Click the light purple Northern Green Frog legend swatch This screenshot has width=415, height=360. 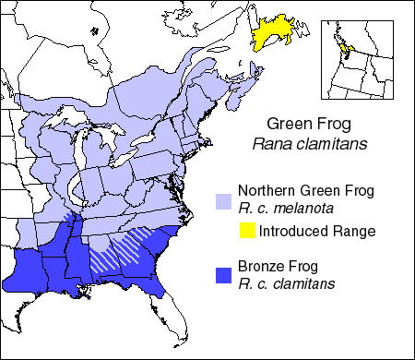coord(222,199)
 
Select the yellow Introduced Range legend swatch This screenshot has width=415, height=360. coord(248,230)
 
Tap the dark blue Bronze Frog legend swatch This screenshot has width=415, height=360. coord(222,274)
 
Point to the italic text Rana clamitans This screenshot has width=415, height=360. coord(305,143)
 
